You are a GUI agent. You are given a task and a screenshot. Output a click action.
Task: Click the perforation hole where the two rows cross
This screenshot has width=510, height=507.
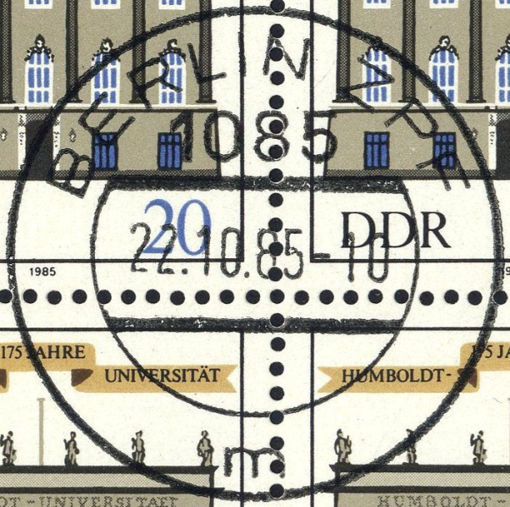(x=277, y=297)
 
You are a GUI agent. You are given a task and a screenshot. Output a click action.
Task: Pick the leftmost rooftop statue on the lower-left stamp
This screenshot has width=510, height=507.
(x=9, y=445)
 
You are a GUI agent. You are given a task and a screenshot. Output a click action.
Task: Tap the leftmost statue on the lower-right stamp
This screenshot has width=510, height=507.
(x=342, y=444)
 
